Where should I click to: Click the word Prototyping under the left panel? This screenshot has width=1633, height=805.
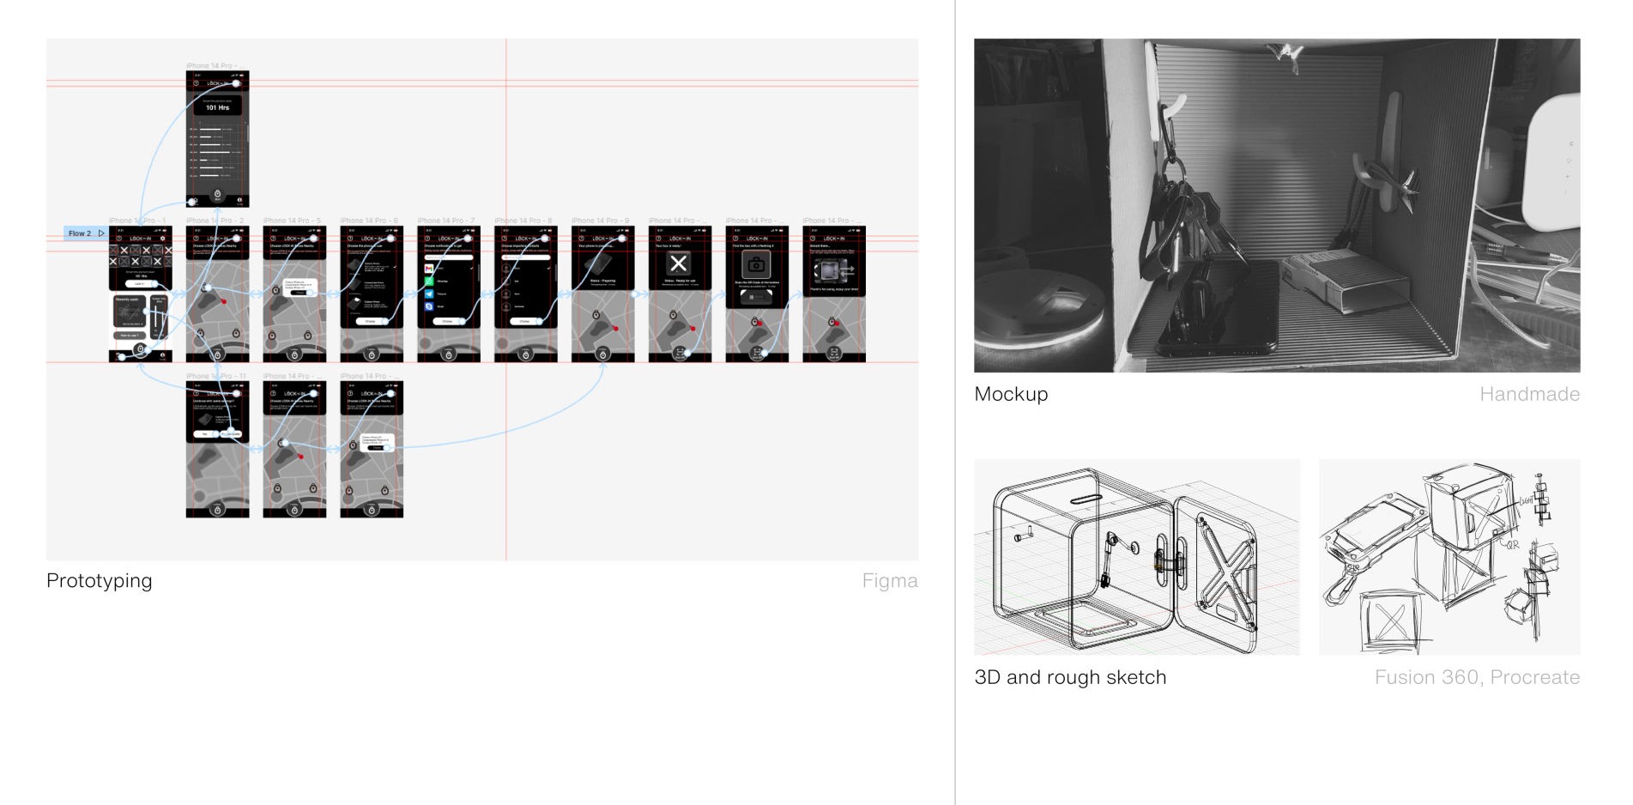(x=99, y=581)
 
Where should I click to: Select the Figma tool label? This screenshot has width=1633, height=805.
(x=889, y=581)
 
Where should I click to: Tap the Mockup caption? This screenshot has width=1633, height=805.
(x=1011, y=394)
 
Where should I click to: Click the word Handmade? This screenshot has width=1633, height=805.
(x=1529, y=394)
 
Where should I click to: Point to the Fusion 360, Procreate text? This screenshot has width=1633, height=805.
(x=1477, y=677)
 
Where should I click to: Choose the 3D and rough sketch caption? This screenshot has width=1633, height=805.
(x=1070, y=677)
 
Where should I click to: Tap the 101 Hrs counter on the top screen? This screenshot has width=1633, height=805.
(x=217, y=107)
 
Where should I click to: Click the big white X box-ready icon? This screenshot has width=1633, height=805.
(x=679, y=264)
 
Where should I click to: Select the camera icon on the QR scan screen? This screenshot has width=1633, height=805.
(x=756, y=264)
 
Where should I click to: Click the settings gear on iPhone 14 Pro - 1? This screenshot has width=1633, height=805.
(x=162, y=239)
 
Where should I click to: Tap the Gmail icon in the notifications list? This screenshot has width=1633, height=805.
(x=429, y=269)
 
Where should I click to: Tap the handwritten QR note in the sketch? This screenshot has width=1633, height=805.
(x=1512, y=545)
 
